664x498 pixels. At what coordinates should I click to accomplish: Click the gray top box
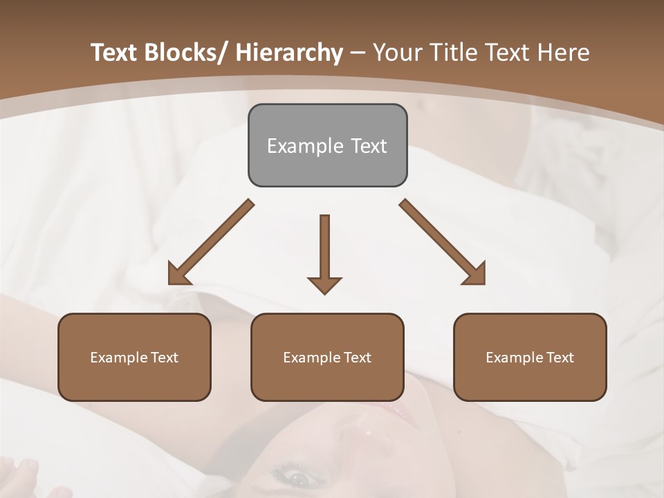coord(327,145)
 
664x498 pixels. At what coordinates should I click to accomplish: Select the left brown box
coord(134,357)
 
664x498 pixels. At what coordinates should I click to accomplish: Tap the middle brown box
coord(327,357)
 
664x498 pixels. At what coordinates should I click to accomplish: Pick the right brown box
coord(530,357)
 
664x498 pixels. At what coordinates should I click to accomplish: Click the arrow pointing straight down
coord(324,252)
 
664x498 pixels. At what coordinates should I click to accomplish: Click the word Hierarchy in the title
coord(289,53)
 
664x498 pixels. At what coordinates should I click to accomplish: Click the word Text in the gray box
coord(368,146)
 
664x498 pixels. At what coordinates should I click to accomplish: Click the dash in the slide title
coord(358,53)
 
